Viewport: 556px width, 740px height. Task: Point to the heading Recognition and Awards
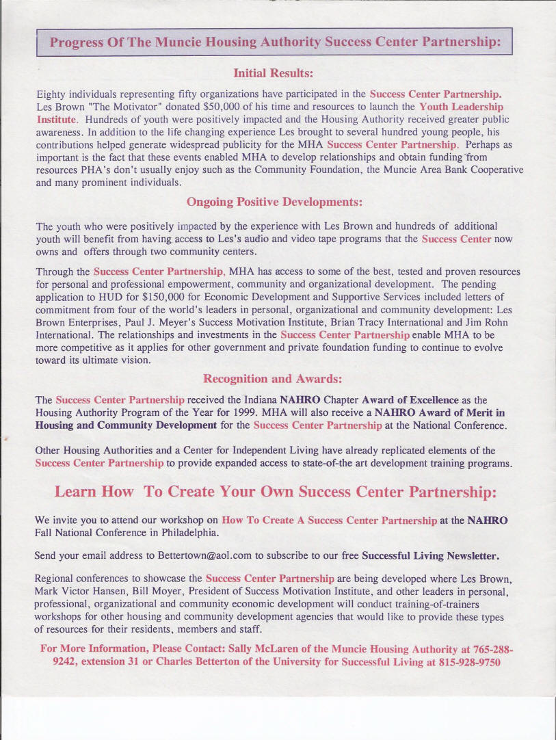273,378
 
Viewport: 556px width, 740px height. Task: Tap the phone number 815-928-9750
462,662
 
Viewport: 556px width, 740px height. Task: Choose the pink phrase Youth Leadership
462,107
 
